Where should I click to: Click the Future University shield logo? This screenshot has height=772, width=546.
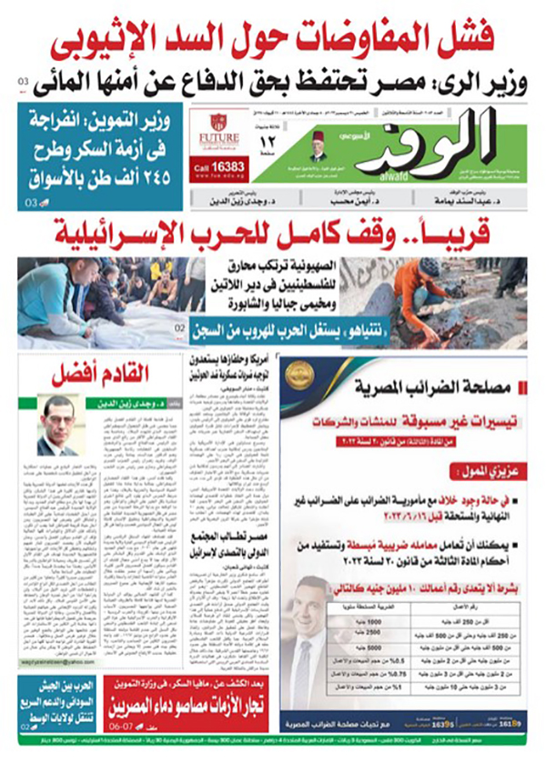tap(218, 123)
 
